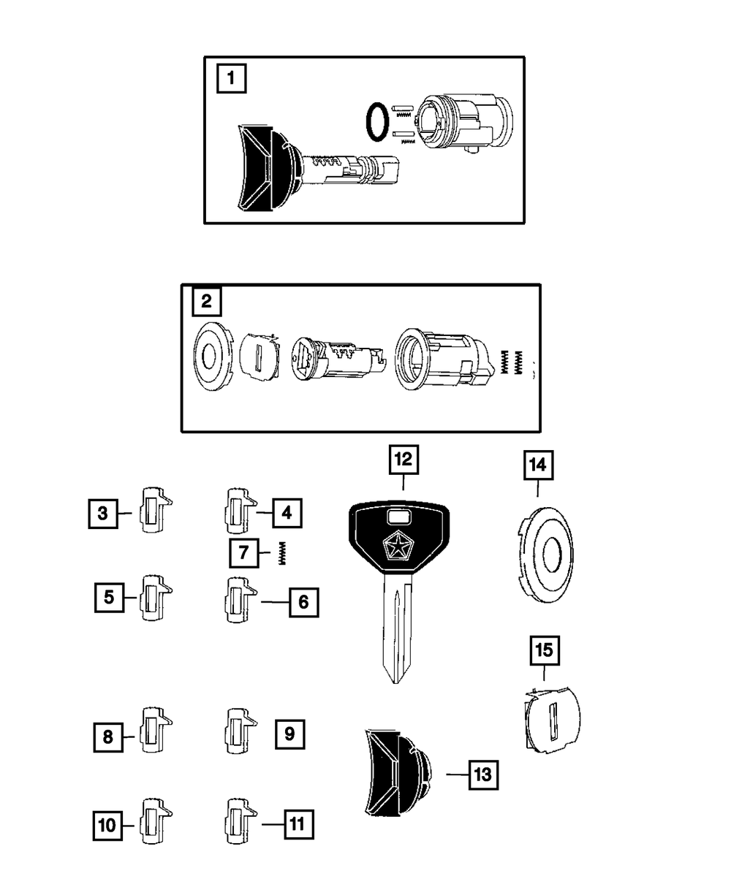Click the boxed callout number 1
tap(231, 78)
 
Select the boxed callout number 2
tap(206, 301)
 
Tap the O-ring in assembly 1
tap(376, 121)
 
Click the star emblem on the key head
tap(395, 546)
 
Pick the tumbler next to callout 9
tap(240, 733)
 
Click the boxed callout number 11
tap(296, 824)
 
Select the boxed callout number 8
tap(108, 736)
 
